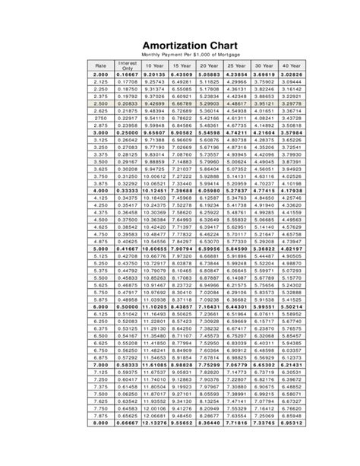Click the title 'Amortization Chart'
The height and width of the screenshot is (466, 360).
180,46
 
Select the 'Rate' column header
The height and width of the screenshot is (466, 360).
101,66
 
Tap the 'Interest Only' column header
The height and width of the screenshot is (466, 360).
128,66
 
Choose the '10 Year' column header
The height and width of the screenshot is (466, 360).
154,66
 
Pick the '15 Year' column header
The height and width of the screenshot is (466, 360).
181,66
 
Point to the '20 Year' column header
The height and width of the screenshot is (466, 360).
208,66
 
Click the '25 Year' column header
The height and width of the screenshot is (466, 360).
235,66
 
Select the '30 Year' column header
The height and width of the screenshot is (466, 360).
263,66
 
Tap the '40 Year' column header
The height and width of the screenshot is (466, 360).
290,66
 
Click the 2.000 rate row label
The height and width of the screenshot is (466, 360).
101,75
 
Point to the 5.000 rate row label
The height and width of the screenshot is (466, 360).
101,249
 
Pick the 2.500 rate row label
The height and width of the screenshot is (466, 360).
101,103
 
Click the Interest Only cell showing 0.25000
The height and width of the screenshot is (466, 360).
128,133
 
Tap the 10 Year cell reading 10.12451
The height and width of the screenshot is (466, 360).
154,190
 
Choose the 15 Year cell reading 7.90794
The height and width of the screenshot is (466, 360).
181,249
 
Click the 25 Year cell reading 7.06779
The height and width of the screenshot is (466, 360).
235,364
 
